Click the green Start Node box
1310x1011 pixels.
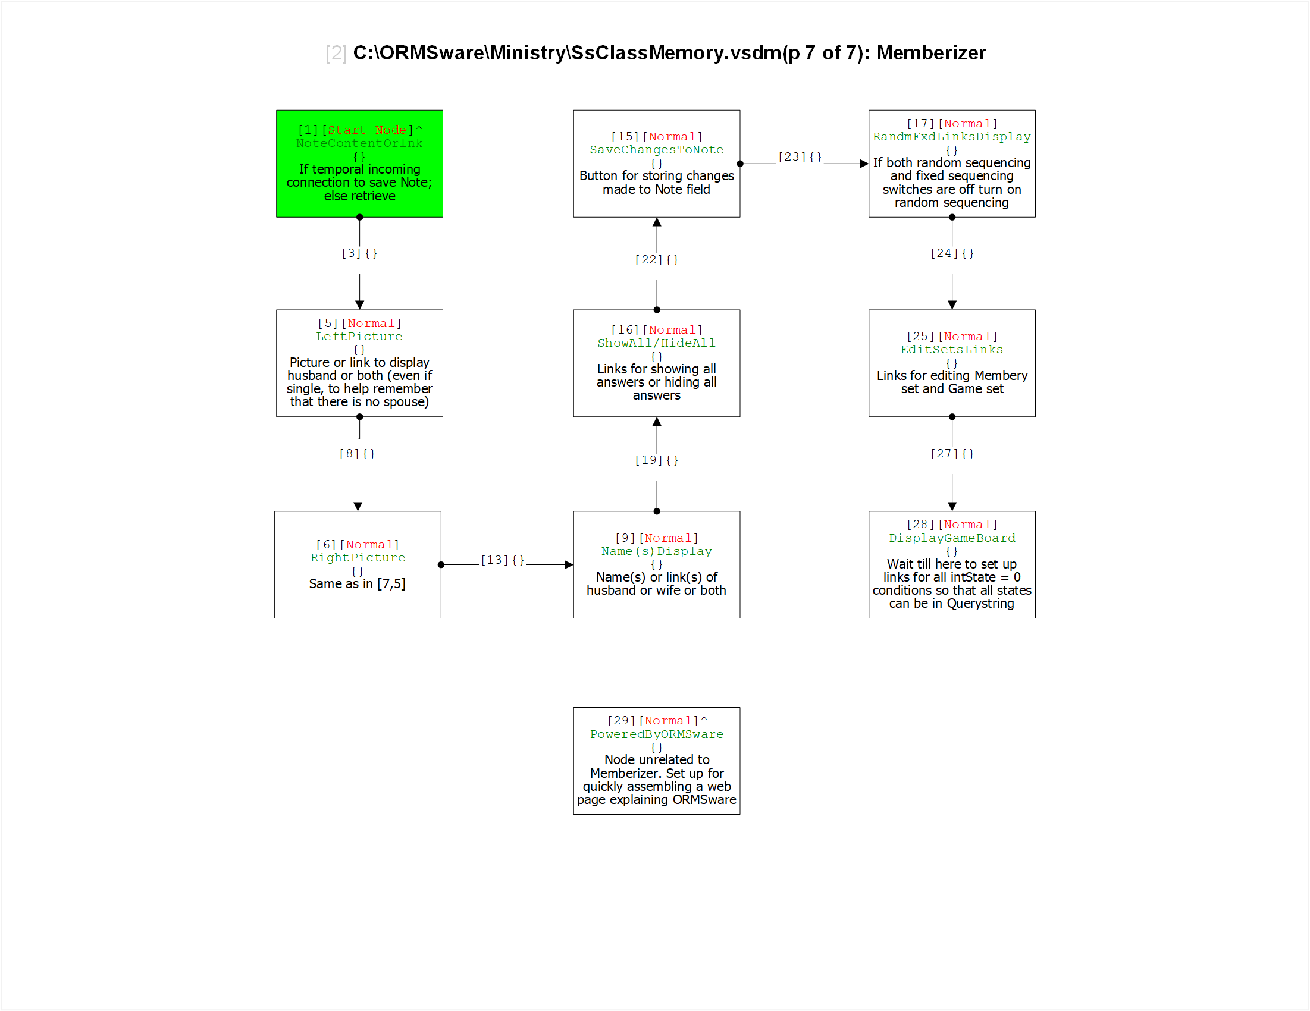coord(359,164)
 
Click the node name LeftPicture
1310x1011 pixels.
coord(359,337)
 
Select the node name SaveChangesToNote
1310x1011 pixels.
coord(657,150)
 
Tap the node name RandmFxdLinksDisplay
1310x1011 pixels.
coord(952,137)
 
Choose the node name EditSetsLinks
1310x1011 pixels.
coord(952,350)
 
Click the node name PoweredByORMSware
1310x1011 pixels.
coord(657,734)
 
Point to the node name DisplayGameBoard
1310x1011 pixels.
coord(952,538)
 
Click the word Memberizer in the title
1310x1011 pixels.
coord(931,53)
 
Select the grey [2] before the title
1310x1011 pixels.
coord(336,54)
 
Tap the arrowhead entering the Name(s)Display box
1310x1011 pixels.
coord(569,565)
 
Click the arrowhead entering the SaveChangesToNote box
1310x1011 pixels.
coord(657,222)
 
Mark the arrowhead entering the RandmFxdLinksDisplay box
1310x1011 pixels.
coord(864,164)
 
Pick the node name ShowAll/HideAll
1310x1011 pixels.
coord(657,343)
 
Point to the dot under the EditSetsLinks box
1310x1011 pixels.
coord(952,417)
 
